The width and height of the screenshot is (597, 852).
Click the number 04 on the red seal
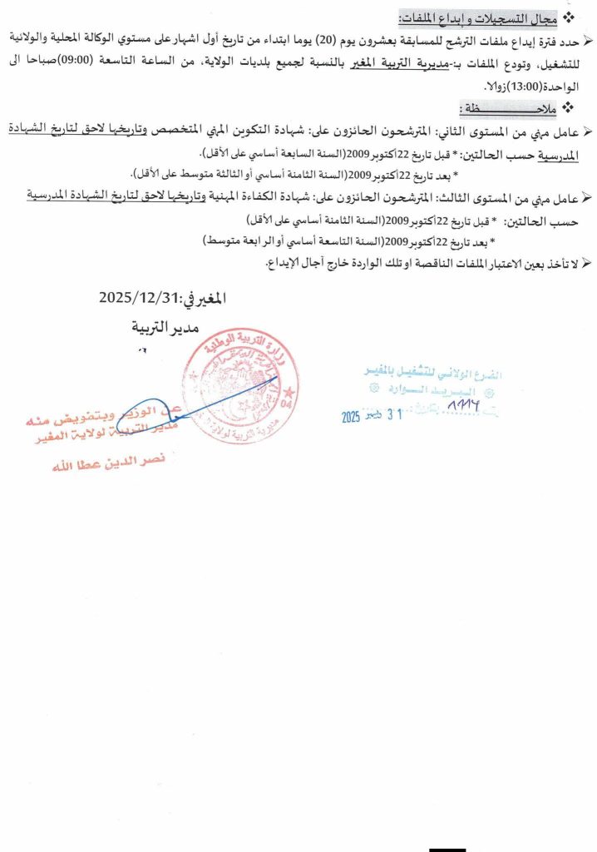288,404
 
